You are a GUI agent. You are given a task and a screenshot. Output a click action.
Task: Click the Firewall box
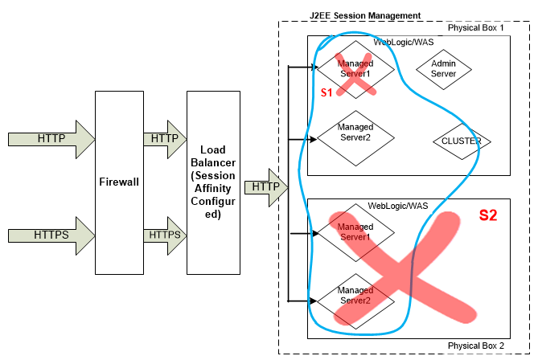click(118, 182)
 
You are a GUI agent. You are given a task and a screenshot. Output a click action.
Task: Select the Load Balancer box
click(213, 182)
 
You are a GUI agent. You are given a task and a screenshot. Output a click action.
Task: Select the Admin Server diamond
click(444, 68)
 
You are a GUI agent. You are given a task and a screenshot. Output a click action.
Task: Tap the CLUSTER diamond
click(461, 141)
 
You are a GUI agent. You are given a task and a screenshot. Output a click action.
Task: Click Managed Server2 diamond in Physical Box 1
click(355, 132)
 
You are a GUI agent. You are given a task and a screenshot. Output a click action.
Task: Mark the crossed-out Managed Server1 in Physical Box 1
click(355, 68)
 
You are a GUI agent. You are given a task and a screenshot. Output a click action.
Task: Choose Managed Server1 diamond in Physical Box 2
click(355, 232)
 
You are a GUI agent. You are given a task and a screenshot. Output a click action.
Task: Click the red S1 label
click(326, 93)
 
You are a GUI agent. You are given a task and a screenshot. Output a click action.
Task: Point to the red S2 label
click(489, 215)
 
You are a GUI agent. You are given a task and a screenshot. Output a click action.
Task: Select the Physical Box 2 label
click(476, 346)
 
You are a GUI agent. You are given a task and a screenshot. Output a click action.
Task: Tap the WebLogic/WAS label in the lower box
click(399, 206)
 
